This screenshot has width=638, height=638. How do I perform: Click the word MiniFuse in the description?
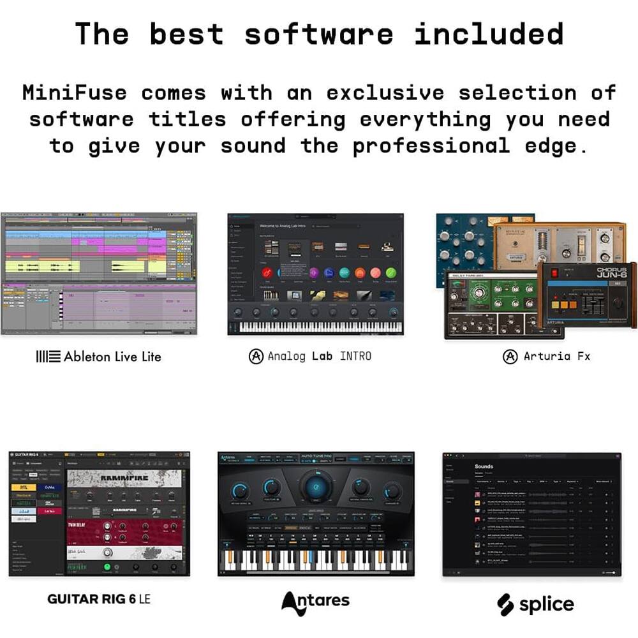[x=74, y=93]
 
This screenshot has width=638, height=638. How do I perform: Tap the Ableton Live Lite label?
[x=112, y=357]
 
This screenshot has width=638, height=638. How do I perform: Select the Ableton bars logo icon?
[x=48, y=357]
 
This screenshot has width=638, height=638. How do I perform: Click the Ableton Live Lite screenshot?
[x=99, y=273]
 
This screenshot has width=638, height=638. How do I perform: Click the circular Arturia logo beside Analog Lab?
[x=256, y=356]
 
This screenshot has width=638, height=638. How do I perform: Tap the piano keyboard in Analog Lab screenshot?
[x=316, y=327]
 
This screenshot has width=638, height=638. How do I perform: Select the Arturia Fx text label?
[x=557, y=357]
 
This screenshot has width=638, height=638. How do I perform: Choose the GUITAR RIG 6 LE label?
[x=99, y=598]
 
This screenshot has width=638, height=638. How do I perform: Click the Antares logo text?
[x=316, y=600]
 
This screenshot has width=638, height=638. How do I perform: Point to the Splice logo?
[x=535, y=603]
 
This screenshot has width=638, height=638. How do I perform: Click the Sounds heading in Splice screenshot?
[x=484, y=466]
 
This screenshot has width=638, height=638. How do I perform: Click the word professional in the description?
[x=431, y=146]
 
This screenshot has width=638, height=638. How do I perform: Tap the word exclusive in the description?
[x=385, y=93]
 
